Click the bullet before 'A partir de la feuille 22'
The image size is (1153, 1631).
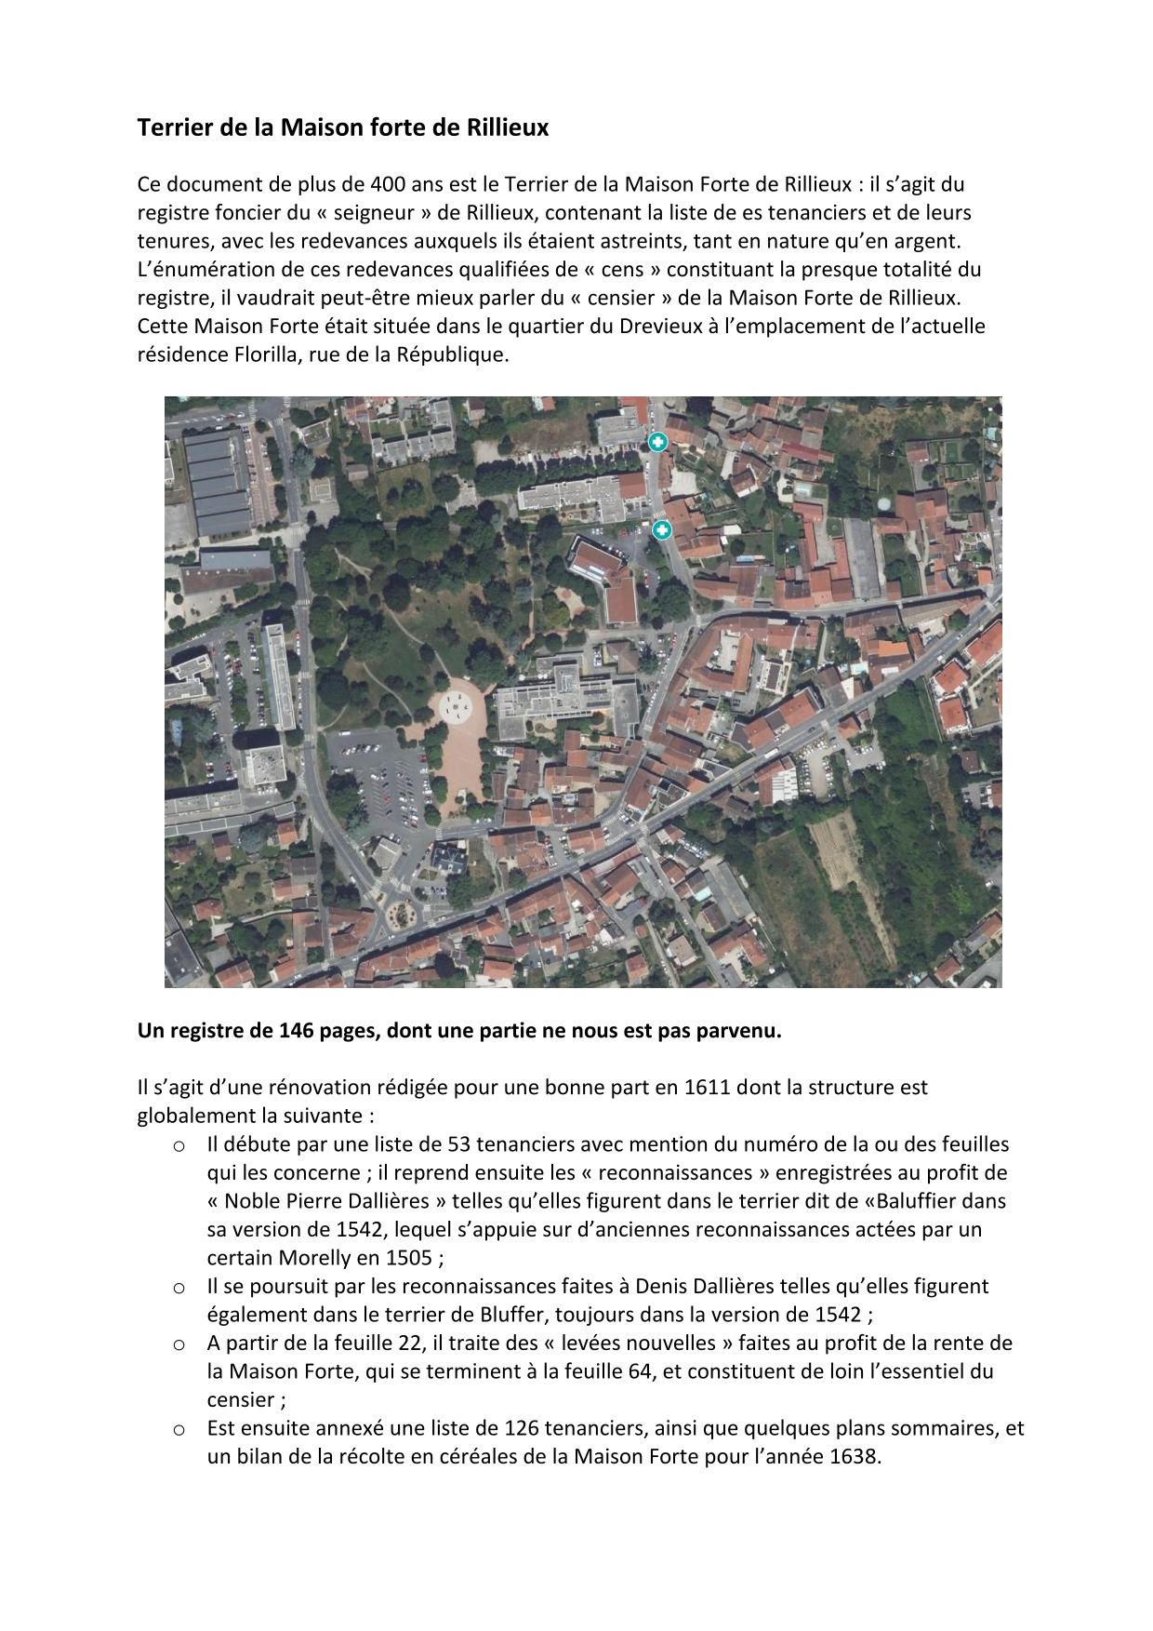point(179,1344)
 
